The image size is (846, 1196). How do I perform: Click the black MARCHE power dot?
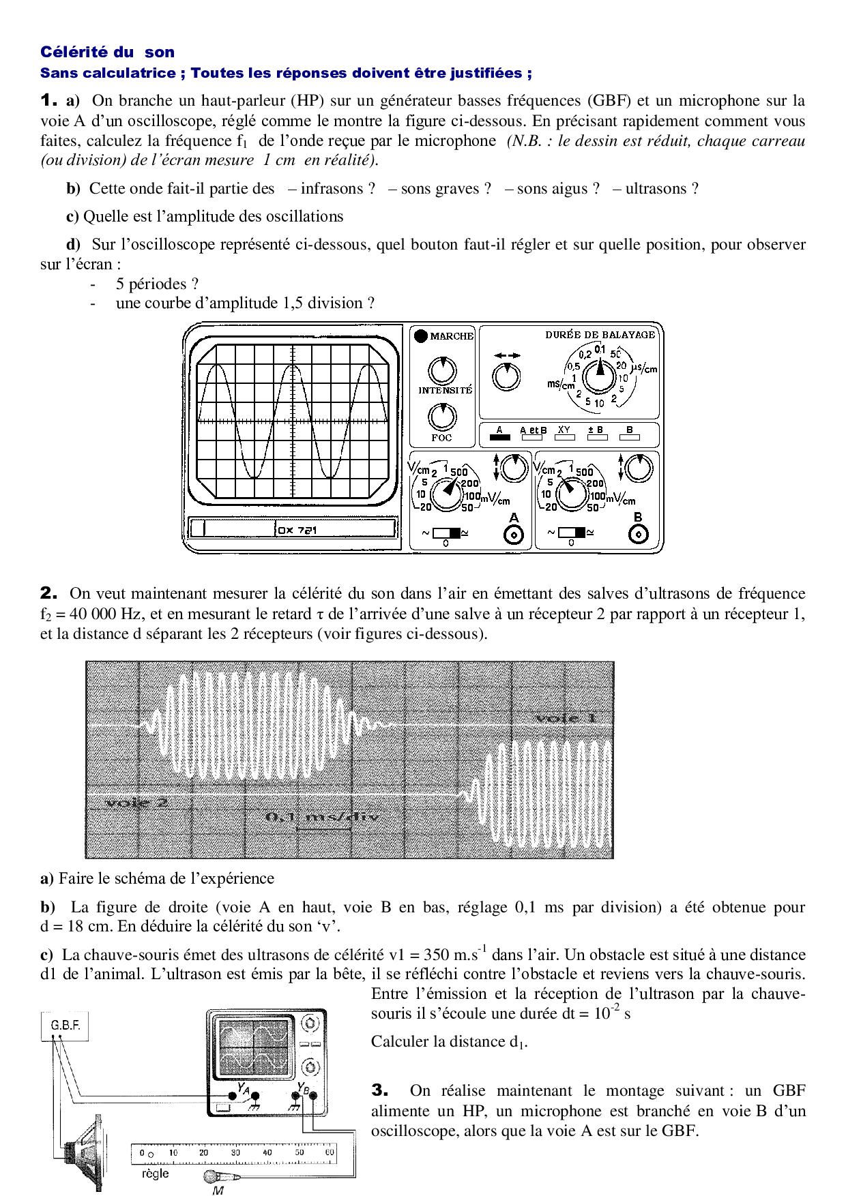pyautogui.click(x=421, y=335)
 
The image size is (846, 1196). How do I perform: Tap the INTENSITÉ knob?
pyautogui.click(x=442, y=370)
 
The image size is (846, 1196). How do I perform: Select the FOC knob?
pyautogui.click(x=442, y=417)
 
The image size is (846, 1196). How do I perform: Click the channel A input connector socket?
pyautogui.click(x=513, y=536)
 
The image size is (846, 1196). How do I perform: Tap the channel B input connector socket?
pyautogui.click(x=638, y=535)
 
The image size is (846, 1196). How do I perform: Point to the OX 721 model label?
pyautogui.click(x=297, y=530)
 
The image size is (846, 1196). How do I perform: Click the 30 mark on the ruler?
pyautogui.click(x=235, y=1152)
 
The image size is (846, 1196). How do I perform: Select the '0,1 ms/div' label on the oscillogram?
pyautogui.click(x=321, y=817)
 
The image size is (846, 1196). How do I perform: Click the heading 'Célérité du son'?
pyautogui.click(x=108, y=52)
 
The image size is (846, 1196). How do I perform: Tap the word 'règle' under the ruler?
pyautogui.click(x=155, y=1173)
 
